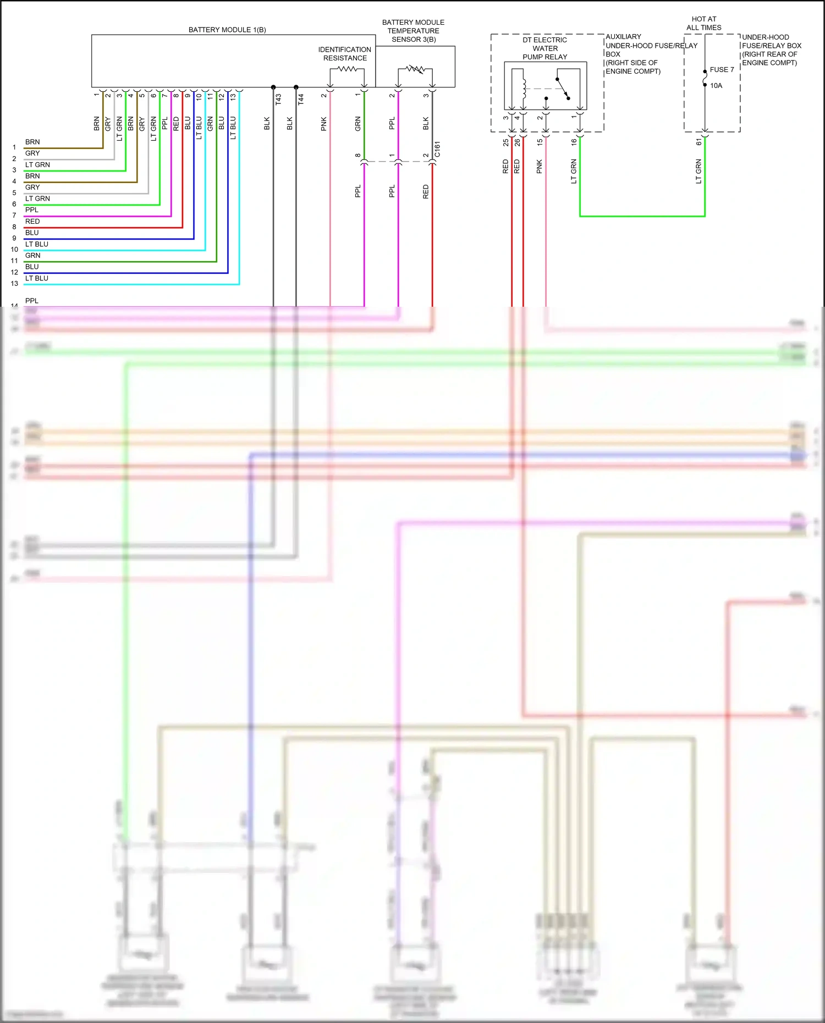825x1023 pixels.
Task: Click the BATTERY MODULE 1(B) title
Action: [227, 30]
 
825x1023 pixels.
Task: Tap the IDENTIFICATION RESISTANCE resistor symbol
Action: [347, 69]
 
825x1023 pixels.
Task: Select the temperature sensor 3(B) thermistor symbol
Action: [415, 70]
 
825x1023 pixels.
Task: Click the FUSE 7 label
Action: [722, 70]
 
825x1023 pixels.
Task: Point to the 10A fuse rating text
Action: [716, 86]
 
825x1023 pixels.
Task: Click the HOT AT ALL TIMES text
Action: [703, 23]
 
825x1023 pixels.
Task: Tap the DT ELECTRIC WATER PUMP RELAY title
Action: [544, 48]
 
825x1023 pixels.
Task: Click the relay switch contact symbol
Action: [563, 88]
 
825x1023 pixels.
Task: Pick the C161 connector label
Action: [437, 150]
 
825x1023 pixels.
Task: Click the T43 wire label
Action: [278, 99]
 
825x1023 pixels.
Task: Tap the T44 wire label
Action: [301, 99]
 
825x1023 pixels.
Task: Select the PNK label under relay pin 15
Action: [539, 167]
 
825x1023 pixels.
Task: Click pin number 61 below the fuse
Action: [699, 142]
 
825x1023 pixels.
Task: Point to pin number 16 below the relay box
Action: [574, 142]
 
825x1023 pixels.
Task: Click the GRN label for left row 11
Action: [32, 256]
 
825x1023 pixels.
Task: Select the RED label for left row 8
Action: [32, 222]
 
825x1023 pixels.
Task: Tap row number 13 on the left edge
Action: [14, 284]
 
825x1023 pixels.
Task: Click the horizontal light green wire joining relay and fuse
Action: [642, 216]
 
